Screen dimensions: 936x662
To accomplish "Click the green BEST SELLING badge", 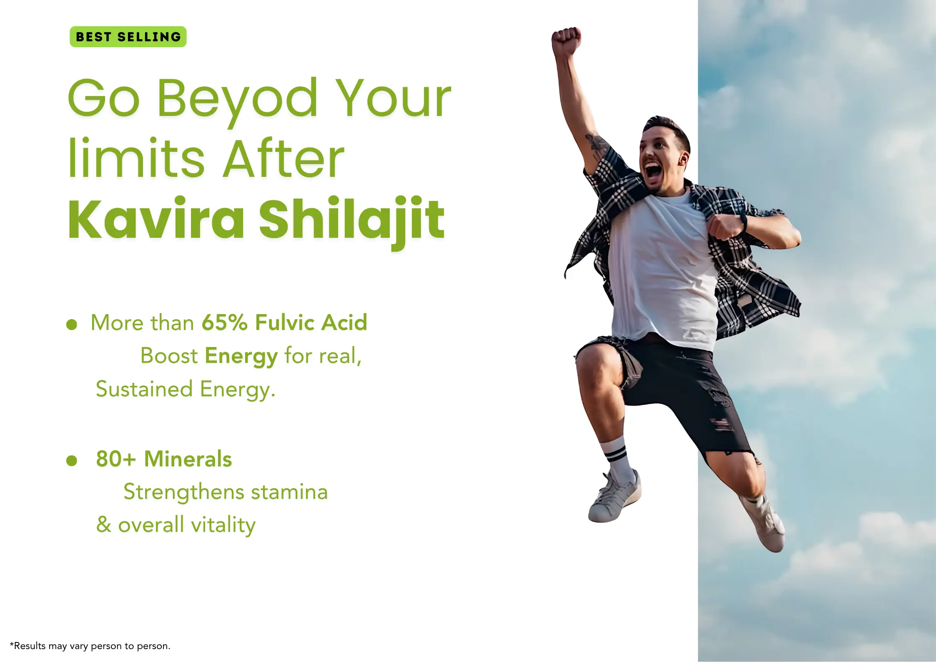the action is click(x=128, y=37).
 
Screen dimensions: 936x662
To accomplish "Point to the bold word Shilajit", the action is click(x=352, y=221).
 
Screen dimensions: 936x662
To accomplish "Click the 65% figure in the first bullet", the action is click(x=225, y=322).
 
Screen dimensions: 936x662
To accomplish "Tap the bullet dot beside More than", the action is click(x=72, y=325).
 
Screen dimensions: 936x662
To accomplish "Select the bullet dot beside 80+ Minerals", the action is click(x=72, y=461).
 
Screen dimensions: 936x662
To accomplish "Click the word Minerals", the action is click(x=188, y=459).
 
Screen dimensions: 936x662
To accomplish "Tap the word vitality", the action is click(x=223, y=526).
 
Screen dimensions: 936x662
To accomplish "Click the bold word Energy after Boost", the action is click(x=241, y=357).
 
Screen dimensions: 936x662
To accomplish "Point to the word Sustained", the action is click(x=144, y=389).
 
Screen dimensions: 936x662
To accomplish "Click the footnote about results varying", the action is click(x=90, y=646).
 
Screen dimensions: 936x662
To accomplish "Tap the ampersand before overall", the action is click(x=104, y=524).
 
